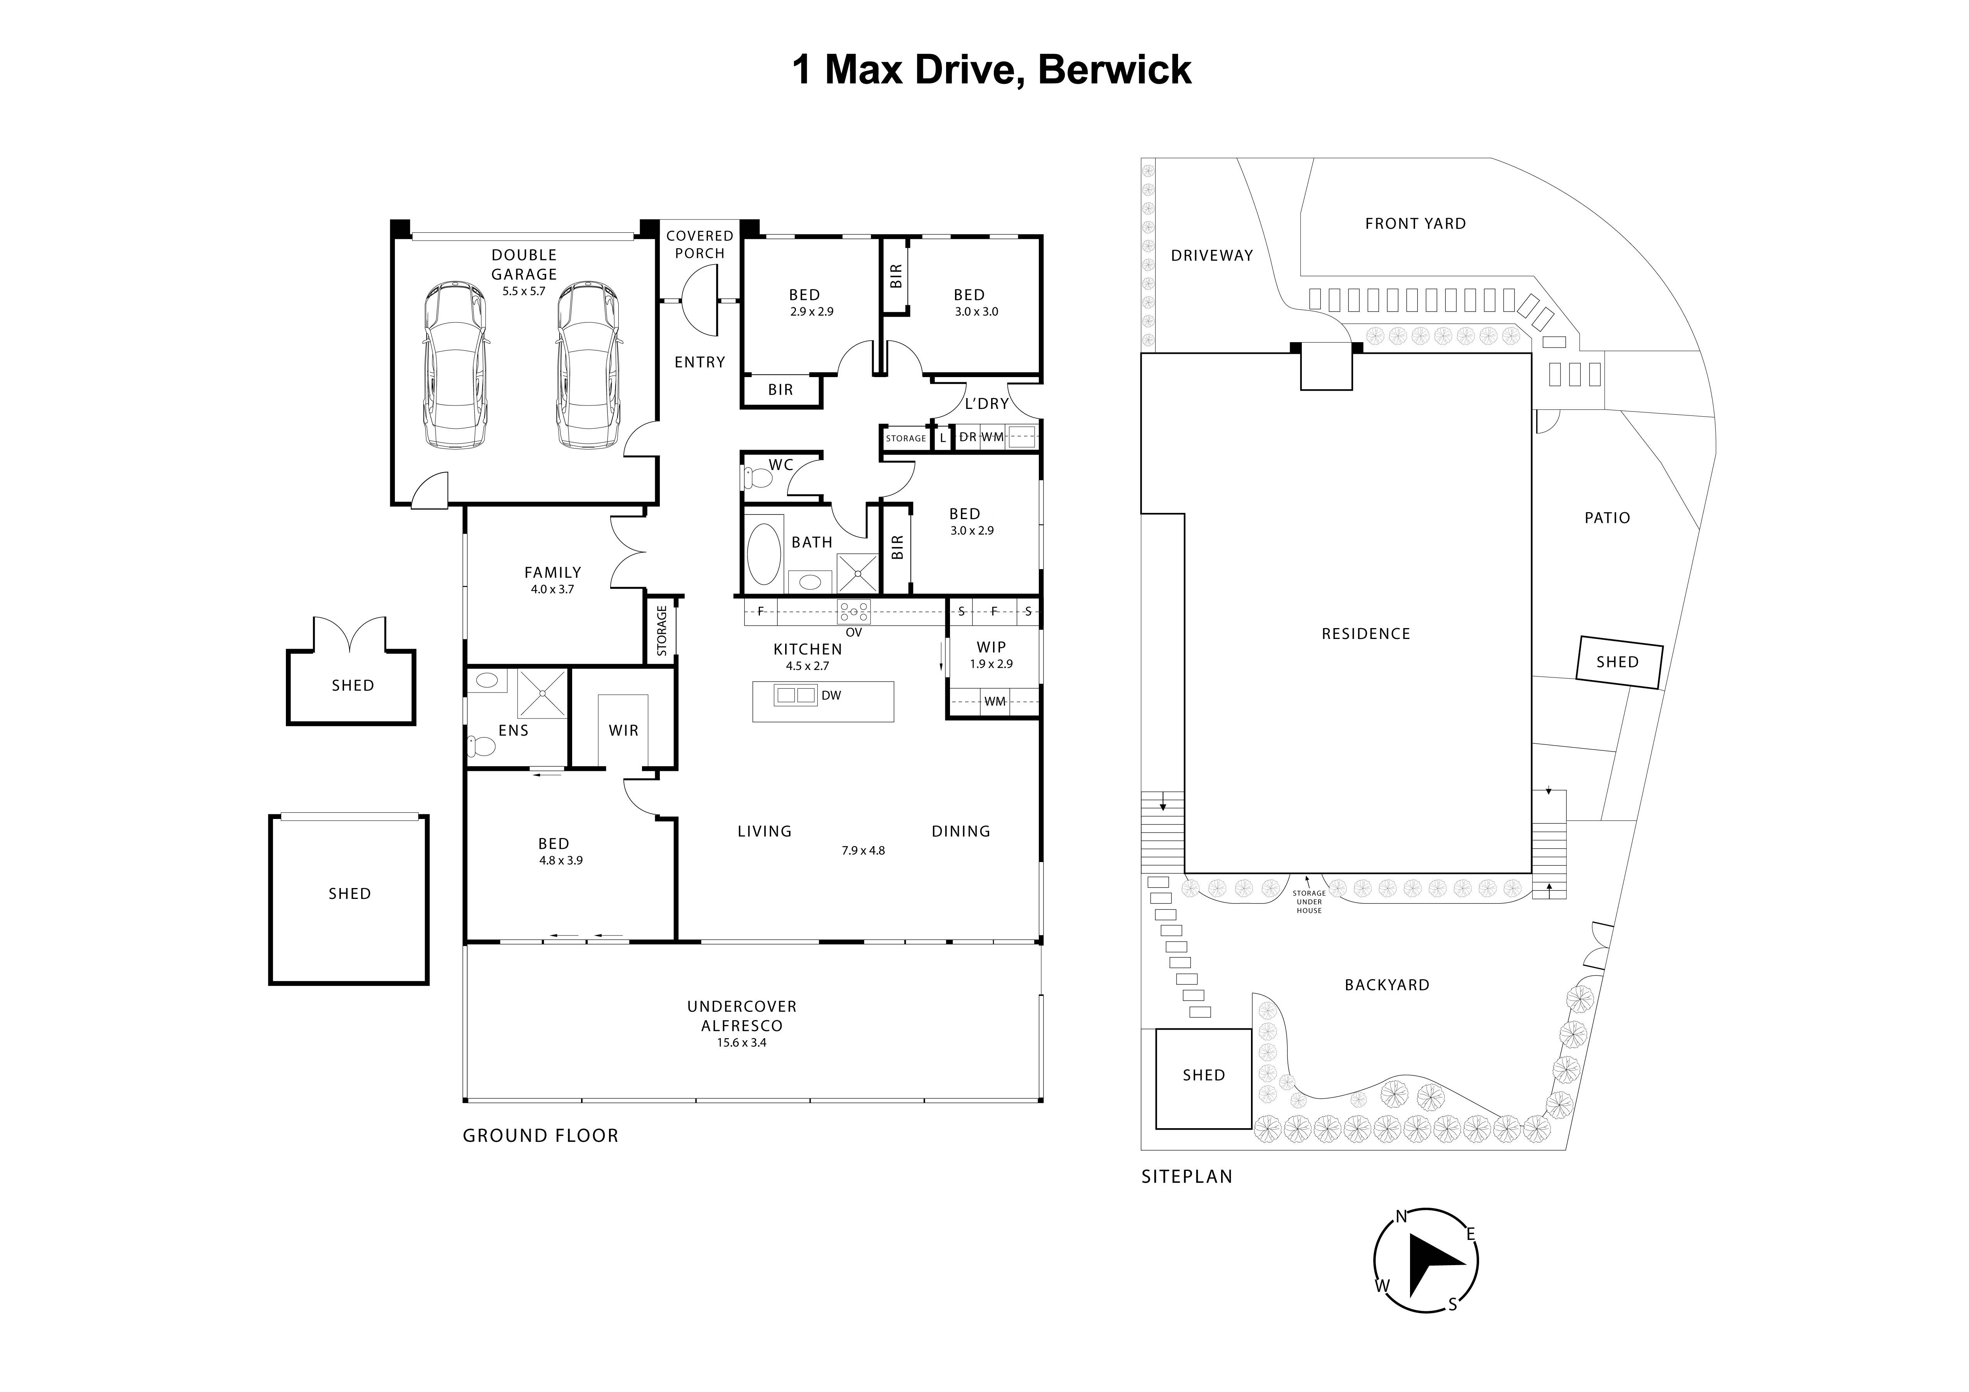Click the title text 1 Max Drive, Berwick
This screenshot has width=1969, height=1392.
(x=990, y=69)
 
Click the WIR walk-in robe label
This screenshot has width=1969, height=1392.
(x=623, y=731)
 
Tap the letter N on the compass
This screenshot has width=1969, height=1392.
(x=1400, y=1216)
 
